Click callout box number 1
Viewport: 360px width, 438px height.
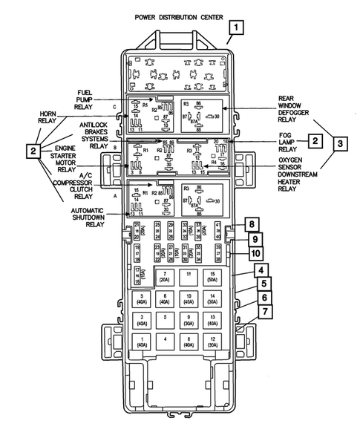pos(237,29)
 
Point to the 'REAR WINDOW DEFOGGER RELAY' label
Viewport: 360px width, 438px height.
pos(294,110)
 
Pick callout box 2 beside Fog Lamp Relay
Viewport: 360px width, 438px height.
pos(315,140)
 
